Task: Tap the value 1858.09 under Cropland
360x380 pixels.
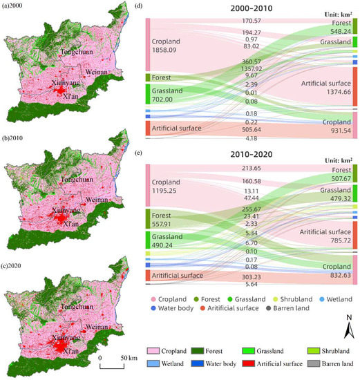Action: click(169, 50)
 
